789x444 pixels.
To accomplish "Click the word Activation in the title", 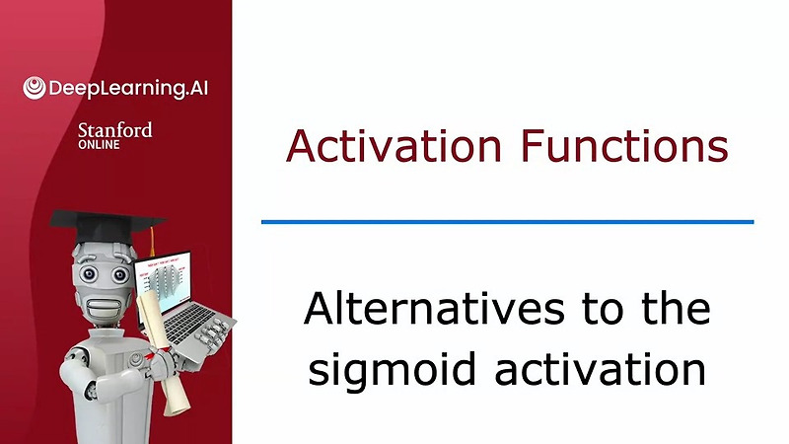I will [393, 147].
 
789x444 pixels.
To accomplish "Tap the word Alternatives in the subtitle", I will [426, 310].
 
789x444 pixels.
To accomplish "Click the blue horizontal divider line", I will [507, 222].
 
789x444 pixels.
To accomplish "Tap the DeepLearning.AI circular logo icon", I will [35, 88].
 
